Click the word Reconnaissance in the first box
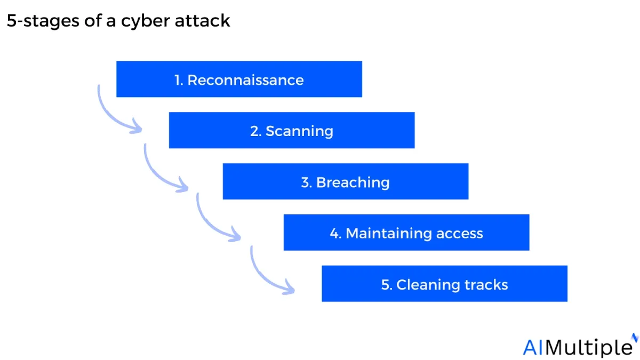[245, 80]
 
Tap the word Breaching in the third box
[353, 183]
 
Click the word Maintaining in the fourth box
[389, 234]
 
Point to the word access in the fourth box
[460, 234]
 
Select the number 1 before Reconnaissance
[178, 81]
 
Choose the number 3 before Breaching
[306, 182]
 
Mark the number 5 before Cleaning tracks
[386, 285]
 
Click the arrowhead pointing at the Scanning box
[136, 126]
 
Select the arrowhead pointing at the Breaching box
[182, 185]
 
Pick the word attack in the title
[202, 21]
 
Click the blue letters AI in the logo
[533, 347]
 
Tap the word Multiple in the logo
[589, 348]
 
